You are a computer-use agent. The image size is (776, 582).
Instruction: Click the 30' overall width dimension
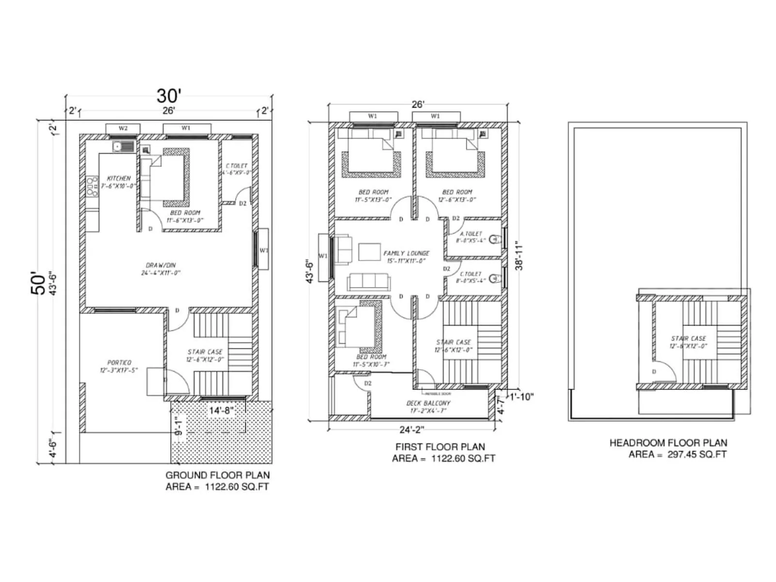168,96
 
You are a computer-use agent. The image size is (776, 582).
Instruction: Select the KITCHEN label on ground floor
119,178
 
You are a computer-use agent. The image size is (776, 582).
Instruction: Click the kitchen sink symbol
124,146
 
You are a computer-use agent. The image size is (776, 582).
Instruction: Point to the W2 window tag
123,129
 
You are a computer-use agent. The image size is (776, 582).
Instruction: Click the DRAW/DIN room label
161,265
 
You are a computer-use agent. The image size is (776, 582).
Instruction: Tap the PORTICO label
119,363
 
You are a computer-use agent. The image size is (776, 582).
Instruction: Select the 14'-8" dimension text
221,411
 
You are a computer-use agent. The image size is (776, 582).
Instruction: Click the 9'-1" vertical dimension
178,425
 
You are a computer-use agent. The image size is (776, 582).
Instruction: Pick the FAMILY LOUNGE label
406,253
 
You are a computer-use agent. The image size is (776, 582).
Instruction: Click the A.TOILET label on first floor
471,234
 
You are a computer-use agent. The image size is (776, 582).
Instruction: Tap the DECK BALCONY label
428,403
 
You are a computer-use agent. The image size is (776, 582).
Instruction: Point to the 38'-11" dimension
519,256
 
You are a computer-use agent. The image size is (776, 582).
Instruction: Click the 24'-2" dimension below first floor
411,430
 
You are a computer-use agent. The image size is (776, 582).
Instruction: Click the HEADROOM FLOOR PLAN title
668,443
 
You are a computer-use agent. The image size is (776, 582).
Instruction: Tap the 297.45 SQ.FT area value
697,454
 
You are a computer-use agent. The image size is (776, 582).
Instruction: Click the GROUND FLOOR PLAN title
217,475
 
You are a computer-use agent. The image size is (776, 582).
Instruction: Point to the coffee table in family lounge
370,252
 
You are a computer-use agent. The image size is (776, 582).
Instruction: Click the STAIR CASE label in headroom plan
688,339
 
